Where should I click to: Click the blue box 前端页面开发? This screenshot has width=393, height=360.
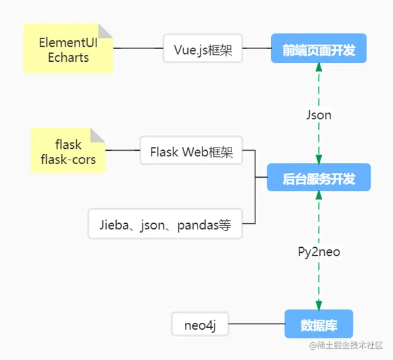(319, 49)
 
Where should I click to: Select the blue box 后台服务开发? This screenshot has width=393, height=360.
(319, 178)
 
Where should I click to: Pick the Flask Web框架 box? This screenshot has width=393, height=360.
(191, 151)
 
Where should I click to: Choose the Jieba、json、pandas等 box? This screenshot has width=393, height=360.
(165, 223)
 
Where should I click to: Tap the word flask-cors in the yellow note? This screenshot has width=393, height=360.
(68, 160)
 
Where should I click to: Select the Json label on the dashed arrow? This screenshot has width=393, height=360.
(319, 115)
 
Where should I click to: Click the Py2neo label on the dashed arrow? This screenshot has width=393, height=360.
(319, 252)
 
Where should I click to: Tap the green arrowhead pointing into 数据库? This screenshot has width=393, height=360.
(319, 305)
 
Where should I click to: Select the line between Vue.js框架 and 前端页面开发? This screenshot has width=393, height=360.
(257, 49)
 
